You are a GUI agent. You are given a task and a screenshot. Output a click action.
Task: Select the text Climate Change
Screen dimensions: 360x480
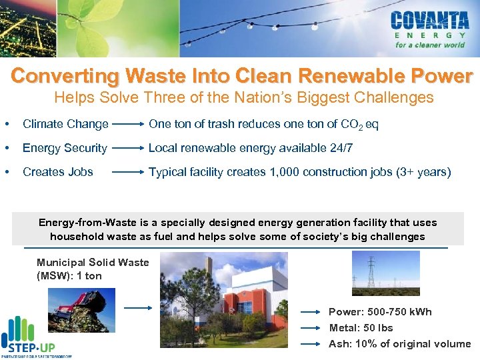coord(65,124)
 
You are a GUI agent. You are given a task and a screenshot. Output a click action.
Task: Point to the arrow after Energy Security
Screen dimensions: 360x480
coord(129,148)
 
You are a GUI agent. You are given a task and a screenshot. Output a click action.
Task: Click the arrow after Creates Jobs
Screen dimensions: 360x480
coord(129,172)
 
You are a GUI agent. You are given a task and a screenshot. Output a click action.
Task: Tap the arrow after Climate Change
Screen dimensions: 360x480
coord(129,124)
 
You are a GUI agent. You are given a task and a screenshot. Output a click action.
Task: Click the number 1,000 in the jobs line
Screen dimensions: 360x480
coord(288,172)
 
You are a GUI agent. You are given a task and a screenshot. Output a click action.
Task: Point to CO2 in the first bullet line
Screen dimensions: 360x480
coord(348,125)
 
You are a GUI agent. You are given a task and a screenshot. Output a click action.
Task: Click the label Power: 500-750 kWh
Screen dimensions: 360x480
coord(380,312)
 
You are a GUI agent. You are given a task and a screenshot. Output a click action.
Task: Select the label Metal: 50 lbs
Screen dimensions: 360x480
coord(361,328)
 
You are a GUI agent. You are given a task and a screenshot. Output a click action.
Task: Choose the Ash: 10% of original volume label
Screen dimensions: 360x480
coord(399,344)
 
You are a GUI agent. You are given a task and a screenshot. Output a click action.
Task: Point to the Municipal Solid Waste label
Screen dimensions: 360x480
coord(92,269)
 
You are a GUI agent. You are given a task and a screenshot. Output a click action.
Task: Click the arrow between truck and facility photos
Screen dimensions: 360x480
coord(140,308)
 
